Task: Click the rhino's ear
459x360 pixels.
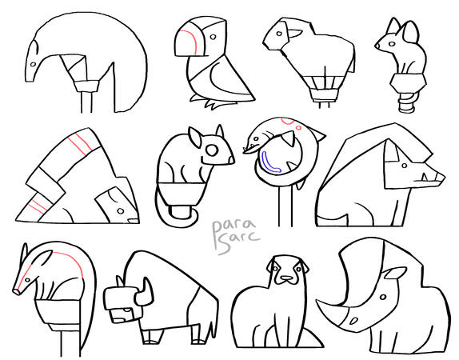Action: click(x=394, y=276)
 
